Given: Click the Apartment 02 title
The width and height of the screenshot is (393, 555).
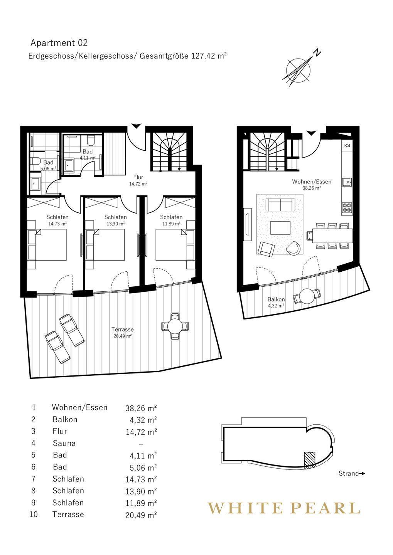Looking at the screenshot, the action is (x=59, y=43).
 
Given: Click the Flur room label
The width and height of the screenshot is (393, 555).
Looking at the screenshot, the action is (x=138, y=177).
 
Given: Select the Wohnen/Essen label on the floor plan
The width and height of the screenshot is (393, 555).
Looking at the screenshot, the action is (x=312, y=182).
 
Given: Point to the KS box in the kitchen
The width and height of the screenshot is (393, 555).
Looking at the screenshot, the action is (x=347, y=145).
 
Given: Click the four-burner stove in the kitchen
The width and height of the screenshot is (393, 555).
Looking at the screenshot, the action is (x=347, y=208).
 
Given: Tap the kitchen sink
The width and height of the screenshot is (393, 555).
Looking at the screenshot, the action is (x=347, y=182).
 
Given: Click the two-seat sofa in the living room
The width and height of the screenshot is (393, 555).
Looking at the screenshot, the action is (x=280, y=205).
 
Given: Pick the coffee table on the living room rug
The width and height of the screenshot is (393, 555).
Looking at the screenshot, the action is (x=280, y=228).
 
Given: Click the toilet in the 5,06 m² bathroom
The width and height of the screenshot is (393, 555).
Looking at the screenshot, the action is (x=36, y=161).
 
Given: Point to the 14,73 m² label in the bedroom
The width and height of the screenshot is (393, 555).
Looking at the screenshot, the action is (x=57, y=224).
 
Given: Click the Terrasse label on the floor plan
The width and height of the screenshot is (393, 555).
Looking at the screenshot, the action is (x=123, y=330).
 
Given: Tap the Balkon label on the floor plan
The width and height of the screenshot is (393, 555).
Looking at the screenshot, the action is (x=276, y=299).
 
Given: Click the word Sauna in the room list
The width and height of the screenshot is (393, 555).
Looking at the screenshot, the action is (x=64, y=443).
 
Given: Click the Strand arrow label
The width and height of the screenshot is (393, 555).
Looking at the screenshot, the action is (x=352, y=473).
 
